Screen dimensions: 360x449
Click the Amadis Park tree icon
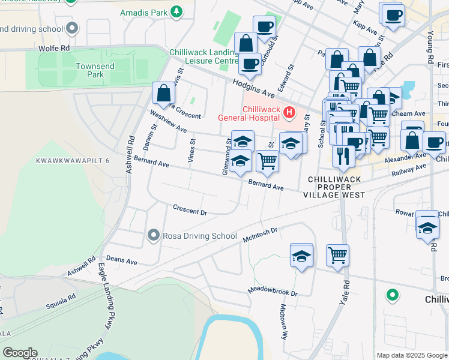coord(176,11)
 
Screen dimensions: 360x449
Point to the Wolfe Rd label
coord(55,47)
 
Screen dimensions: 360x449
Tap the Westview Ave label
coord(169,122)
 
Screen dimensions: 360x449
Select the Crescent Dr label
coord(190,212)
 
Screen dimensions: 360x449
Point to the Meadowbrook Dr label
coord(273,292)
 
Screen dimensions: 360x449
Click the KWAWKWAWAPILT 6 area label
coord(73,161)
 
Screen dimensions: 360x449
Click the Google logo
coord(19,353)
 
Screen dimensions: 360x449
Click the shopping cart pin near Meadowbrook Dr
coord(338,254)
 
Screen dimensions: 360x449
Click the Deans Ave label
coord(122,262)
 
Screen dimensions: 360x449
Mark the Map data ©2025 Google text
coord(412,355)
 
